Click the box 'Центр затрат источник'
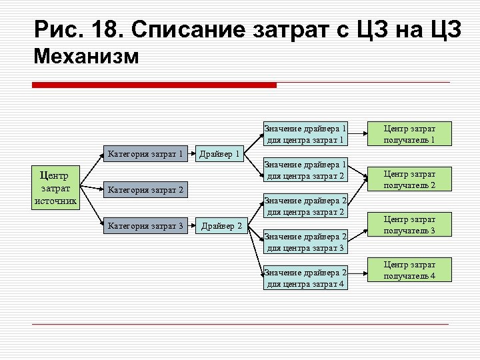click(56, 189)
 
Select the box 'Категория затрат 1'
click(145, 155)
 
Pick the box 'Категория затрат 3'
click(145, 226)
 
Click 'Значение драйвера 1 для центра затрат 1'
click(306, 134)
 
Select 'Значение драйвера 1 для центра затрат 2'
click(306, 170)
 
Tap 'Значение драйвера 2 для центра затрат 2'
click(306, 206)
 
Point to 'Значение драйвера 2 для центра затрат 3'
click(306, 242)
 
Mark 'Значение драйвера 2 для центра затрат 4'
click(306, 278)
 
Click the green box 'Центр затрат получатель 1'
click(409, 134)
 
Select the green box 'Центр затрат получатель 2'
click(409, 179)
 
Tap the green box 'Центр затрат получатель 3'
click(409, 225)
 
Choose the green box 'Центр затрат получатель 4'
click(409, 270)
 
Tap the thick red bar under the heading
click(155, 85)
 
